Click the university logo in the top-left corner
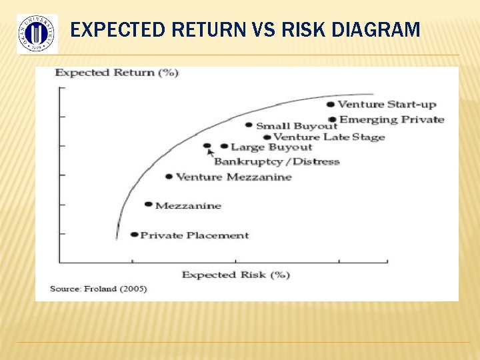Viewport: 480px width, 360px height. [37, 33]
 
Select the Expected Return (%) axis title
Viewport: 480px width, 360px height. [117, 72]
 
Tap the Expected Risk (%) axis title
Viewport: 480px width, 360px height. [235, 275]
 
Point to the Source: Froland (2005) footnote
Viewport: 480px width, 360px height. [99, 289]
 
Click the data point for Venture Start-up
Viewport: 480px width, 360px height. [331, 104]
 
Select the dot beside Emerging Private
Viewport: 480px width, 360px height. [332, 120]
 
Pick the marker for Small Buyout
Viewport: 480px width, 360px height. [249, 125]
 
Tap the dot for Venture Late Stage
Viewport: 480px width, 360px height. [267, 137]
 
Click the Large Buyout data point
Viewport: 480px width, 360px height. [224, 146]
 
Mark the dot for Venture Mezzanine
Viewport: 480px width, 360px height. [169, 177]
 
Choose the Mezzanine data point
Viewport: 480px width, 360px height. [148, 205]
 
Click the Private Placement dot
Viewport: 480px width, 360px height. [134, 235]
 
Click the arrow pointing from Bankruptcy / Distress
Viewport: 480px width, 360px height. [211, 153]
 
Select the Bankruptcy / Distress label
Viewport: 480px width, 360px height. [277, 161]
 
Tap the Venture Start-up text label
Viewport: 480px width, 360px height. [387, 104]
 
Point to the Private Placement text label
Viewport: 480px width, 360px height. [194, 235]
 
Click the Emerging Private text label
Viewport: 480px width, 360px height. [392, 120]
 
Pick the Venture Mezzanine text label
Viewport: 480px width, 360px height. [233, 177]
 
